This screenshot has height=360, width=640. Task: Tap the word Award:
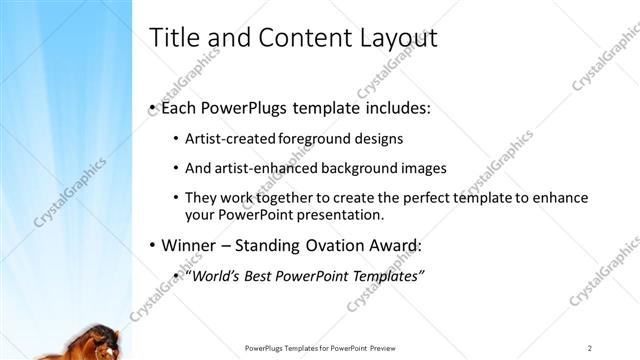tap(396, 246)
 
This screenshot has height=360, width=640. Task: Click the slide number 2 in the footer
tap(591, 347)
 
